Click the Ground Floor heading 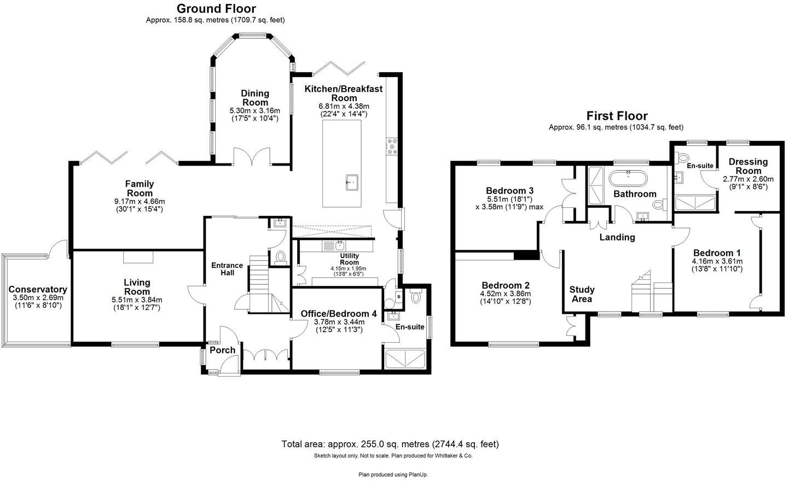(216, 9)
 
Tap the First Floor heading (617, 116)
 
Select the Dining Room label (255, 98)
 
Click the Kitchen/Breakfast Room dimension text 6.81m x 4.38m (344, 106)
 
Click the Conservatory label (38, 290)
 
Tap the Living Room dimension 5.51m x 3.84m (137, 300)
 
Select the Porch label (223, 350)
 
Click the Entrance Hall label (227, 269)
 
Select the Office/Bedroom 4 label (339, 314)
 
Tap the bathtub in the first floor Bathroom (628, 179)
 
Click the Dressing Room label (748, 166)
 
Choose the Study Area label (582, 294)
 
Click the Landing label (617, 237)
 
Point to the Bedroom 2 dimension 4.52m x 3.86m (506, 294)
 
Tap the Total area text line (390, 444)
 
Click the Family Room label (140, 189)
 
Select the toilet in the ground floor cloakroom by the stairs (281, 257)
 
